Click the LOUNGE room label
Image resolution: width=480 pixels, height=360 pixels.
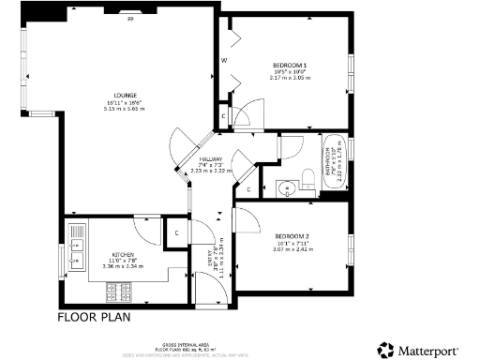124,95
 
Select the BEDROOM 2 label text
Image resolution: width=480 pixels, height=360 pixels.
292,234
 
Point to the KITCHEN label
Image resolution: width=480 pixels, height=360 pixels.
125,255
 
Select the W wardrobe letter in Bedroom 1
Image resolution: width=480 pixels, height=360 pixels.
224,60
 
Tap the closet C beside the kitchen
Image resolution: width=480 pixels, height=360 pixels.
174,231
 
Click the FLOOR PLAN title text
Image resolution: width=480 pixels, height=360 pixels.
94,317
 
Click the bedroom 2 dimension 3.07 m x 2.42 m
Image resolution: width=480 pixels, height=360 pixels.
292,249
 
